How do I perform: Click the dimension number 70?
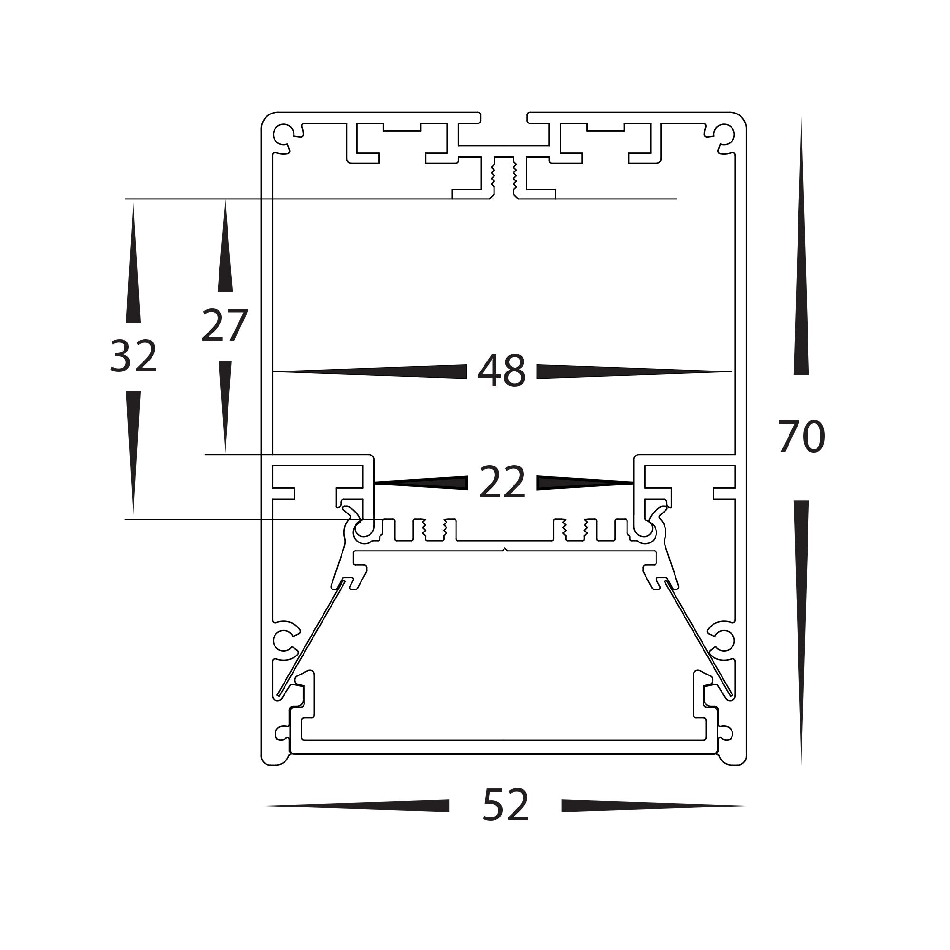[801, 437]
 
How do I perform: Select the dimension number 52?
[505, 805]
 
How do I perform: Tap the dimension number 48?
[502, 371]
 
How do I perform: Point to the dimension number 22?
[502, 483]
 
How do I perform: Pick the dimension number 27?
[225, 325]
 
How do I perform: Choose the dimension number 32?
[133, 357]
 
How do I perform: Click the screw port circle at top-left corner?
[283, 133]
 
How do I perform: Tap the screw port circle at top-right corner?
[724, 133]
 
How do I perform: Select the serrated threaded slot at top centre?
[503, 177]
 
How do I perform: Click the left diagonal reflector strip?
[311, 639]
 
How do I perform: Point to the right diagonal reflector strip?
[698, 639]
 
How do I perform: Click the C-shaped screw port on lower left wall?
[283, 641]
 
